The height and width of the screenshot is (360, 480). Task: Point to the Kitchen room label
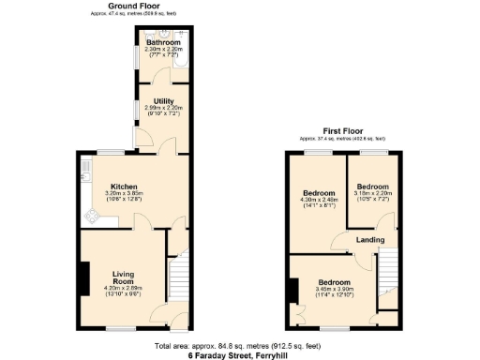point(126,186)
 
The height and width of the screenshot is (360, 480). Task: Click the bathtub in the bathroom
point(181,55)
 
